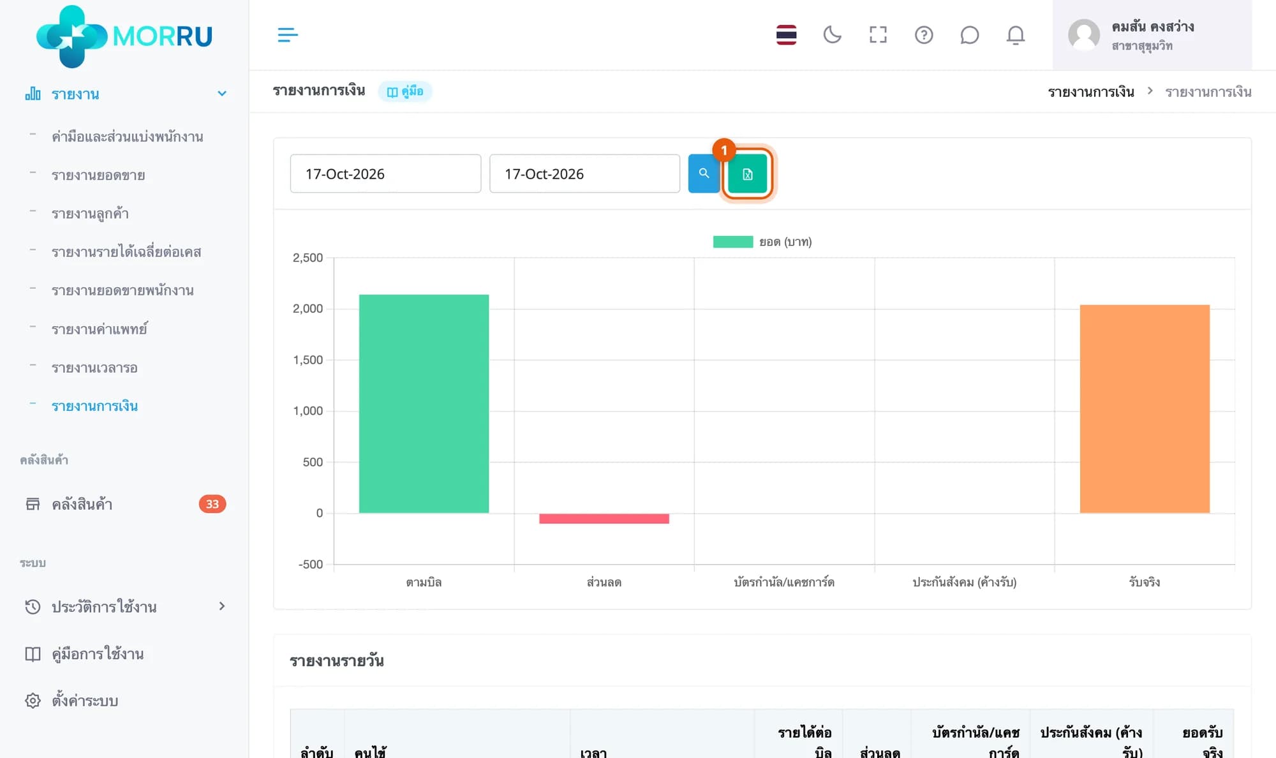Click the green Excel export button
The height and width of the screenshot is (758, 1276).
point(747,174)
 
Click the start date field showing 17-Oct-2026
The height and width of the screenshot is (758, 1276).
point(385,174)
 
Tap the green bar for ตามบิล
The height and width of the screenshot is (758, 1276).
point(424,403)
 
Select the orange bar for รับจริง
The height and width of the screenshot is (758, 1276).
point(1145,408)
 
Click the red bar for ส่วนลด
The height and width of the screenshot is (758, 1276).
point(604,519)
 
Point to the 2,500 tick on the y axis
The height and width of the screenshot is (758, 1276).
point(308,258)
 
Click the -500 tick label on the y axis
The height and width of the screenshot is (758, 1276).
point(311,564)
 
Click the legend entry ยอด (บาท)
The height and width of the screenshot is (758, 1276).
point(762,242)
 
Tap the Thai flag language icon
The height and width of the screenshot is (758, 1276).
point(786,34)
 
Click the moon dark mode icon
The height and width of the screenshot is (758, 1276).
point(832,34)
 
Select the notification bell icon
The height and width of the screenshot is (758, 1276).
point(1016,35)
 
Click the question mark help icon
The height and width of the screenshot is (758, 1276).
point(924,34)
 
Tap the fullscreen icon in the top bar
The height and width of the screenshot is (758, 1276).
point(878,34)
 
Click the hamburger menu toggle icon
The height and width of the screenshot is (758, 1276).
point(288,34)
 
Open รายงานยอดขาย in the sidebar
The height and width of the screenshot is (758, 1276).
point(98,175)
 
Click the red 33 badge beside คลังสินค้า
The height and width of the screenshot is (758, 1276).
point(212,504)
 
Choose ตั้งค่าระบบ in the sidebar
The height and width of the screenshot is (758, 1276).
point(85,701)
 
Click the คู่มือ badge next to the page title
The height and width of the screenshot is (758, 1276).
point(405,91)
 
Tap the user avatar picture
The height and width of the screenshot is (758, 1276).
point(1084,34)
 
